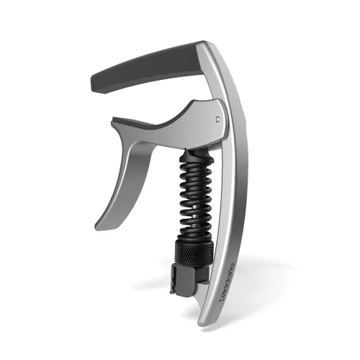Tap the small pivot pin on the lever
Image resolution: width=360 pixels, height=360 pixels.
(217, 112)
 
